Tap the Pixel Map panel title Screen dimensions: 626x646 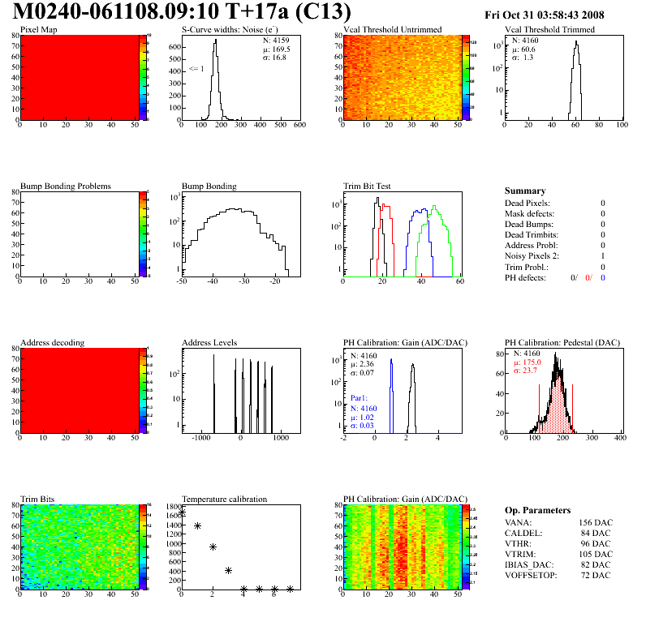[x=38, y=30]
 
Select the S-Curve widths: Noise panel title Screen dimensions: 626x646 [x=233, y=30]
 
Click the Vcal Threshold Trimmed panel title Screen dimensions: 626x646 [x=549, y=30]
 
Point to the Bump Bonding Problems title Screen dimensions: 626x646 [x=66, y=186]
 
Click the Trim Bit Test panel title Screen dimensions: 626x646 [x=368, y=186]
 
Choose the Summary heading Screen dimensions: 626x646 [x=525, y=191]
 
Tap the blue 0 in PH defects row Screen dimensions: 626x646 [x=604, y=277]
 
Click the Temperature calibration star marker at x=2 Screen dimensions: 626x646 [x=213, y=547]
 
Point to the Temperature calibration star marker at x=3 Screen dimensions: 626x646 [x=228, y=570]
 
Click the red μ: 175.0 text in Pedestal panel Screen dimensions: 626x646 [x=528, y=363]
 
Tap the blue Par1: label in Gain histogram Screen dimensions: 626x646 [x=360, y=399]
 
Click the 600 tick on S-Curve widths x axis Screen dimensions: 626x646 [x=299, y=125]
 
